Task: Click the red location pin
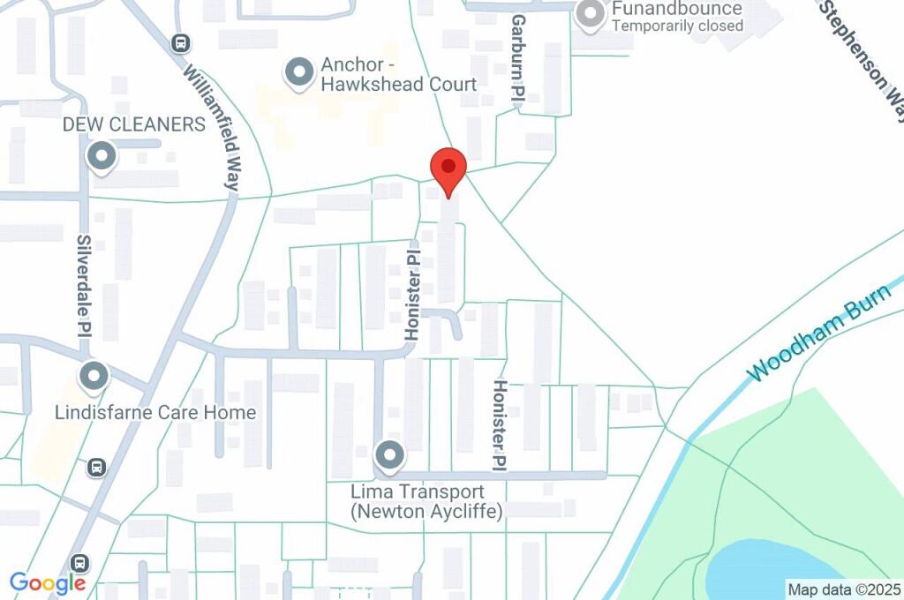click(x=448, y=170)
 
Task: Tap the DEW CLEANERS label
click(x=133, y=124)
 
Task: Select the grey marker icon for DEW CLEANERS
click(x=102, y=157)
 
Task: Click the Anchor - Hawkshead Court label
click(x=398, y=74)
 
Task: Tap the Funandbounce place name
click(x=677, y=9)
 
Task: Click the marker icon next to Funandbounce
click(x=590, y=14)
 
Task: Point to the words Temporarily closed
click(x=677, y=26)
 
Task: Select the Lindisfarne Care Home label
click(x=155, y=412)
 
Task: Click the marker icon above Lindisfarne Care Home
click(x=94, y=378)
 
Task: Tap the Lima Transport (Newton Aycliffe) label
click(x=426, y=501)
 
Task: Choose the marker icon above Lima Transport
click(x=388, y=456)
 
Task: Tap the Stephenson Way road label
click(x=863, y=57)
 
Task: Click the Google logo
click(x=48, y=582)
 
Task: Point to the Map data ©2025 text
click(x=844, y=589)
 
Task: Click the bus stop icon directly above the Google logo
click(x=80, y=562)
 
